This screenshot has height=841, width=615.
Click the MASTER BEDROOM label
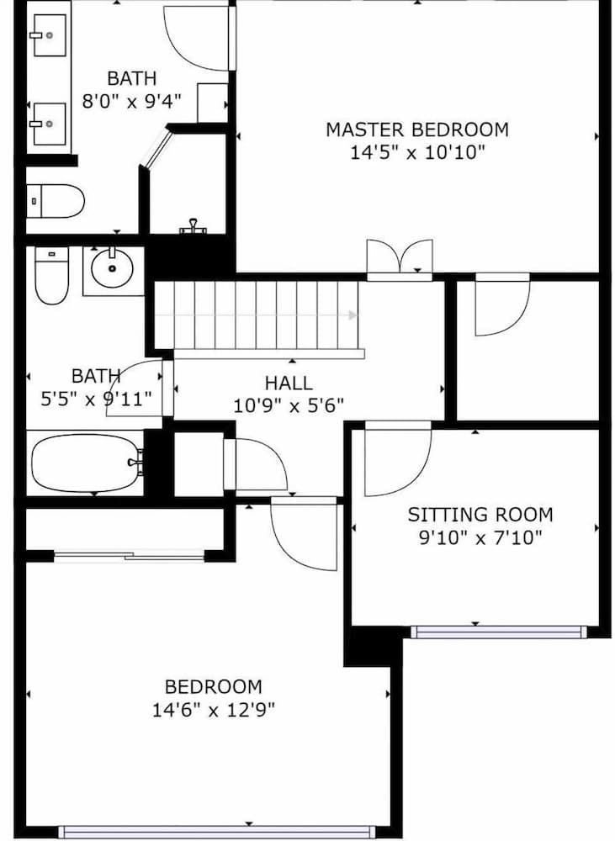tap(417, 130)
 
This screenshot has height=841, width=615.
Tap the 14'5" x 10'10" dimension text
tap(417, 152)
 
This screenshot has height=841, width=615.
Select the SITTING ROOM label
tap(480, 515)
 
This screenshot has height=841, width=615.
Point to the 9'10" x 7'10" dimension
tap(480, 537)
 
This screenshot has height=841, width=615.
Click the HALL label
tap(289, 383)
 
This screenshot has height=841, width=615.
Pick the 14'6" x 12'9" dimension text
tap(213, 710)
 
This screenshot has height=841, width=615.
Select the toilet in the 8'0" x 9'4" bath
tap(56, 201)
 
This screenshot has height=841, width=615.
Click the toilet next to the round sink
tap(51, 277)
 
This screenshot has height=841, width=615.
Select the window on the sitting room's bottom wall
tap(496, 631)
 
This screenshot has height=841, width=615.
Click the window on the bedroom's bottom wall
tap(216, 832)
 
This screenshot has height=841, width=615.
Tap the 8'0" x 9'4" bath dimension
tap(131, 102)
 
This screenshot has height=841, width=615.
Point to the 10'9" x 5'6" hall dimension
tap(289, 405)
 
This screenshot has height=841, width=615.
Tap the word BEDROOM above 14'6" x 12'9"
tap(213, 687)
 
